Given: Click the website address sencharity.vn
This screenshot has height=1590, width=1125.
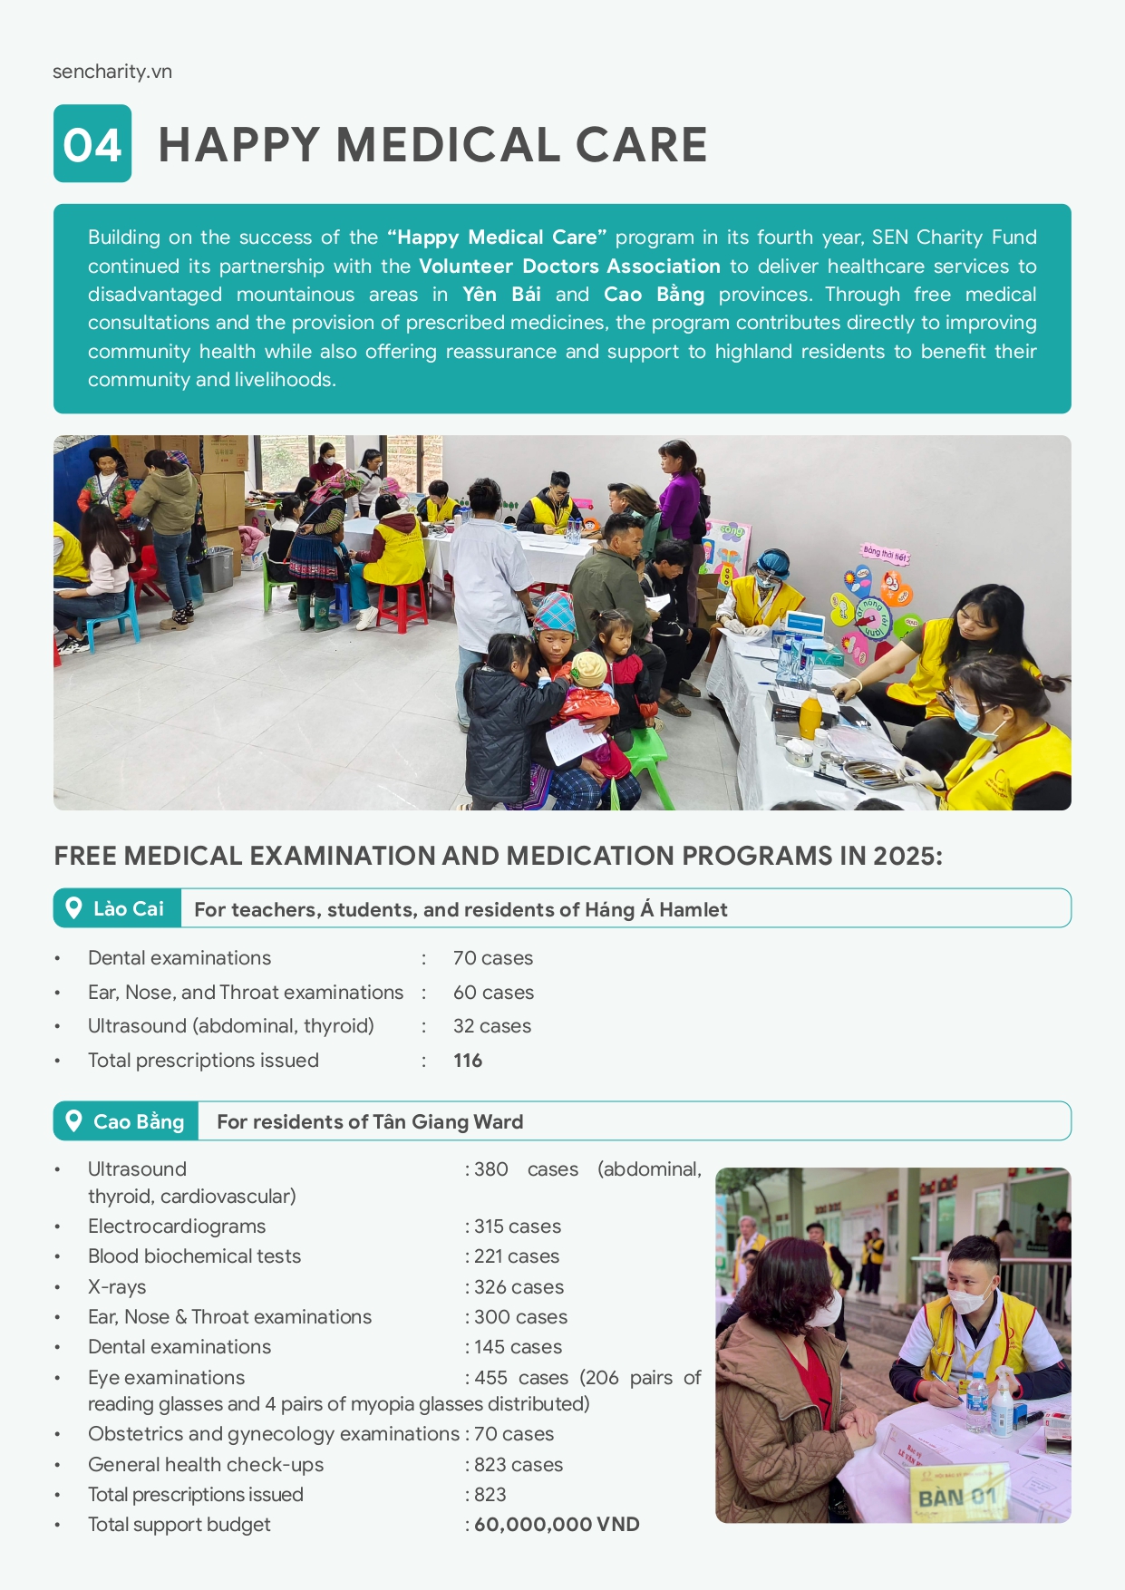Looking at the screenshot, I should (x=112, y=72).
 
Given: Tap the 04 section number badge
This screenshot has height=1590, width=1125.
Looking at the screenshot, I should (x=92, y=144).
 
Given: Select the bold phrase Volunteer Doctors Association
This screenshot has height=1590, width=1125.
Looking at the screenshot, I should (x=569, y=266).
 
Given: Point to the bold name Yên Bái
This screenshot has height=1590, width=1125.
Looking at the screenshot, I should (x=501, y=295).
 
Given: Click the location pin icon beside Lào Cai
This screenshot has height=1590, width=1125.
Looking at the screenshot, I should (x=74, y=907).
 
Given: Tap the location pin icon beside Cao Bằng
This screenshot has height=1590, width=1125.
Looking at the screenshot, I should (x=74, y=1120).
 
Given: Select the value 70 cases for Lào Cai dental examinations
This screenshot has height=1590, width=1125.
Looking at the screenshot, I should (x=493, y=958).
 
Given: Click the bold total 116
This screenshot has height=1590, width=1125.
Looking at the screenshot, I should (x=468, y=1061).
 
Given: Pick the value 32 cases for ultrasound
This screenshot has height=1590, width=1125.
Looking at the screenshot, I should (x=492, y=1026).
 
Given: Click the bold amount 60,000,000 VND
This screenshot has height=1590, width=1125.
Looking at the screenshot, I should (x=557, y=1525).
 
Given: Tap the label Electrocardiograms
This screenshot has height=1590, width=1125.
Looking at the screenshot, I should (x=177, y=1226).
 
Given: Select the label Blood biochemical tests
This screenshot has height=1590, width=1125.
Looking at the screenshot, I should (x=194, y=1256).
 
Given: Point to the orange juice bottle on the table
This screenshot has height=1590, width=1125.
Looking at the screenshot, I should (x=810, y=715).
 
